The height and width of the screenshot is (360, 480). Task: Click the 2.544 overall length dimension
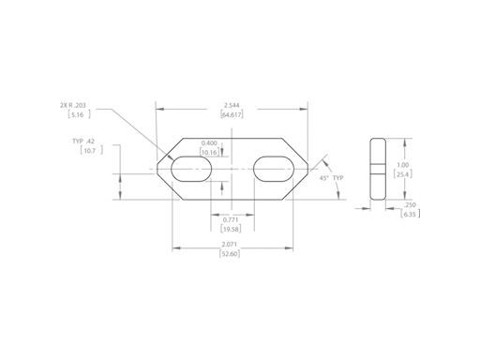coord(232,105)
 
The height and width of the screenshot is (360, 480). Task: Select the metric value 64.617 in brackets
coord(232,114)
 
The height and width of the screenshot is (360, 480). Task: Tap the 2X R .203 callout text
coord(73,105)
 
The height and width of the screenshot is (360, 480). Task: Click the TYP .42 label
coord(83,142)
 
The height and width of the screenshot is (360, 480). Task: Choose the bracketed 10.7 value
coord(91,151)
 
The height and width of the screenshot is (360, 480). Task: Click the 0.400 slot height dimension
coord(209,143)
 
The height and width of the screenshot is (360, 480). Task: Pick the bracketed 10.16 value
coord(209,152)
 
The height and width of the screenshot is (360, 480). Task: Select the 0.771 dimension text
coord(231,219)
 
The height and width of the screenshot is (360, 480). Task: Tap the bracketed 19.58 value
coord(231,229)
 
